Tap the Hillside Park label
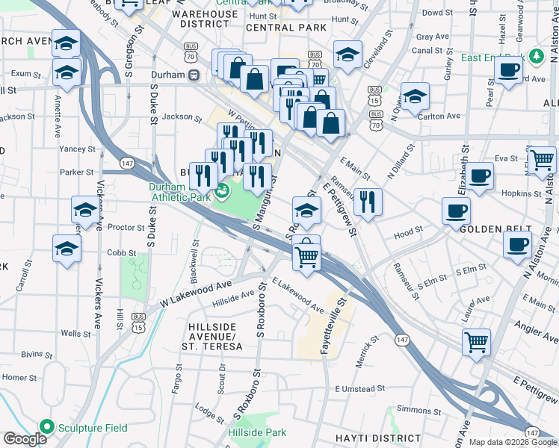[x=256, y=432]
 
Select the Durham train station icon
[x=193, y=75]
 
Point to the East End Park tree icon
[x=535, y=57]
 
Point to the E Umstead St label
[x=359, y=389]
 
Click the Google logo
[x=25, y=439]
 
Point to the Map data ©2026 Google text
[x=513, y=442]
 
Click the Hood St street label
[x=408, y=233]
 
